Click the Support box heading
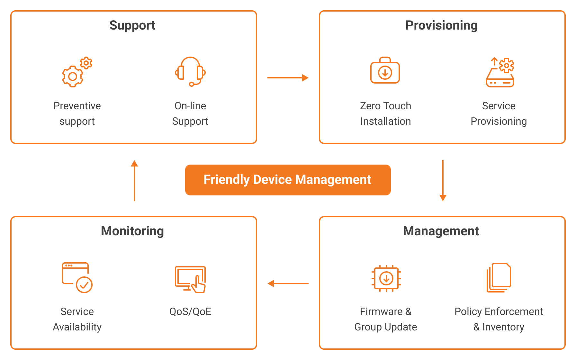pos(132,25)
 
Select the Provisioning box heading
pos(441,25)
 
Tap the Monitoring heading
pos(132,231)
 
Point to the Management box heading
pos(441,231)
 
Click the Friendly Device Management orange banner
pos(288,180)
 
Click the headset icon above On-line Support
pos(190,72)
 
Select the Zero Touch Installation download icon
pos(385,70)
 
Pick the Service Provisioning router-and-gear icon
pos(500,72)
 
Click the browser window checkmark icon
pos(77,278)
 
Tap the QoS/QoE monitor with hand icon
pos(190,279)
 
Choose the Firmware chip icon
pos(386,278)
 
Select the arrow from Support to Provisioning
pos(288,77)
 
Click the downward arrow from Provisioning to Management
pos(443,181)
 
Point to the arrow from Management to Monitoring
pos(288,283)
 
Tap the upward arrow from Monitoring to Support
pos(134,181)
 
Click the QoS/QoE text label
pos(190,311)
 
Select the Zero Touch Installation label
pos(386,113)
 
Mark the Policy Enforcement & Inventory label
pos(499,319)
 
